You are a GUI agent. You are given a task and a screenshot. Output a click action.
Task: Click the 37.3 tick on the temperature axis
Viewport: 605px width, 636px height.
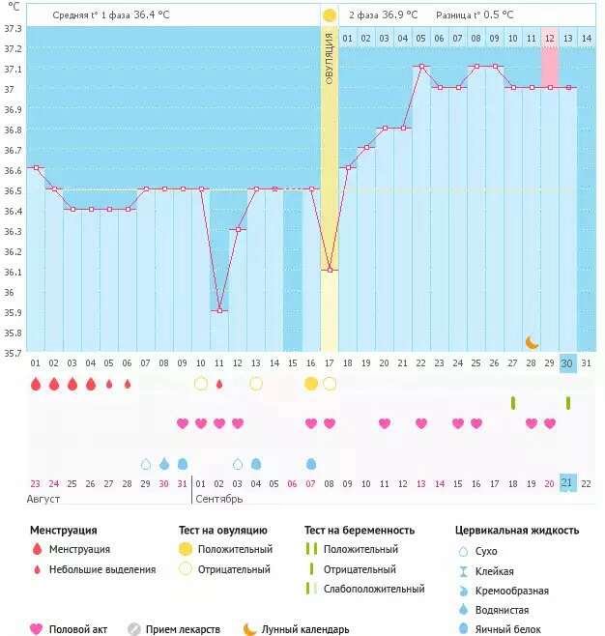point(13,27)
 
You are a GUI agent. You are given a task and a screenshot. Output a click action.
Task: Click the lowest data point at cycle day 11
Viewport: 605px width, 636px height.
point(219,310)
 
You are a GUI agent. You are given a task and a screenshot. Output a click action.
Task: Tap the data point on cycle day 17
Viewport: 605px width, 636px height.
point(330,270)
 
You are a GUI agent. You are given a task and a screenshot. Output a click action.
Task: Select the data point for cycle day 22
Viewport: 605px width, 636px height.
point(420,67)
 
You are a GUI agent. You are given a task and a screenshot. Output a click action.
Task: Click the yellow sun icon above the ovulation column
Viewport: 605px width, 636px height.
point(330,15)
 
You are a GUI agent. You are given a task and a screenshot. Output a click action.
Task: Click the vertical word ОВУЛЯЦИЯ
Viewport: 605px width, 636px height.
point(330,59)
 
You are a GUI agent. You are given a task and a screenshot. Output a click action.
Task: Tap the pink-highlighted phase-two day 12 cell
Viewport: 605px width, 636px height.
point(549,38)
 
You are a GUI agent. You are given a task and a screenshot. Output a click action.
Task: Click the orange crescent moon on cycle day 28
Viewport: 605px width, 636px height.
point(532,341)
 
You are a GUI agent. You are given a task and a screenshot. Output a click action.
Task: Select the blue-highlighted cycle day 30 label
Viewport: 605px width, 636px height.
point(568,362)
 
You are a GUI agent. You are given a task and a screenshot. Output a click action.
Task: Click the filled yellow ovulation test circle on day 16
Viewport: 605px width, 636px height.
point(311,384)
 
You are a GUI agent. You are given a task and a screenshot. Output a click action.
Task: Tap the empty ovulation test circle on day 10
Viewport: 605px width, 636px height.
point(201,384)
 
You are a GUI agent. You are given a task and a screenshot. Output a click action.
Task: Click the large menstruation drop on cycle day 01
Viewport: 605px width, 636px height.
point(36,384)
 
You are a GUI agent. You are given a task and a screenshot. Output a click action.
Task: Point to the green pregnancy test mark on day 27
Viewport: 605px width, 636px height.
point(513,402)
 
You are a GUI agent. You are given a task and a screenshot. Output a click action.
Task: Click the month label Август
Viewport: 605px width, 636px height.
point(46,499)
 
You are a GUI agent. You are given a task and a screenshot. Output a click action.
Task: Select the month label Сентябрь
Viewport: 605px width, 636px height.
point(219,499)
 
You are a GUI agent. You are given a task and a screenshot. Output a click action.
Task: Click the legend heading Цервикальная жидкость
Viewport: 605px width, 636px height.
point(517,530)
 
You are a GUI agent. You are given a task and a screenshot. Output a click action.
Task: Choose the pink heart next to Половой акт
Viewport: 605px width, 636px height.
point(37,629)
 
